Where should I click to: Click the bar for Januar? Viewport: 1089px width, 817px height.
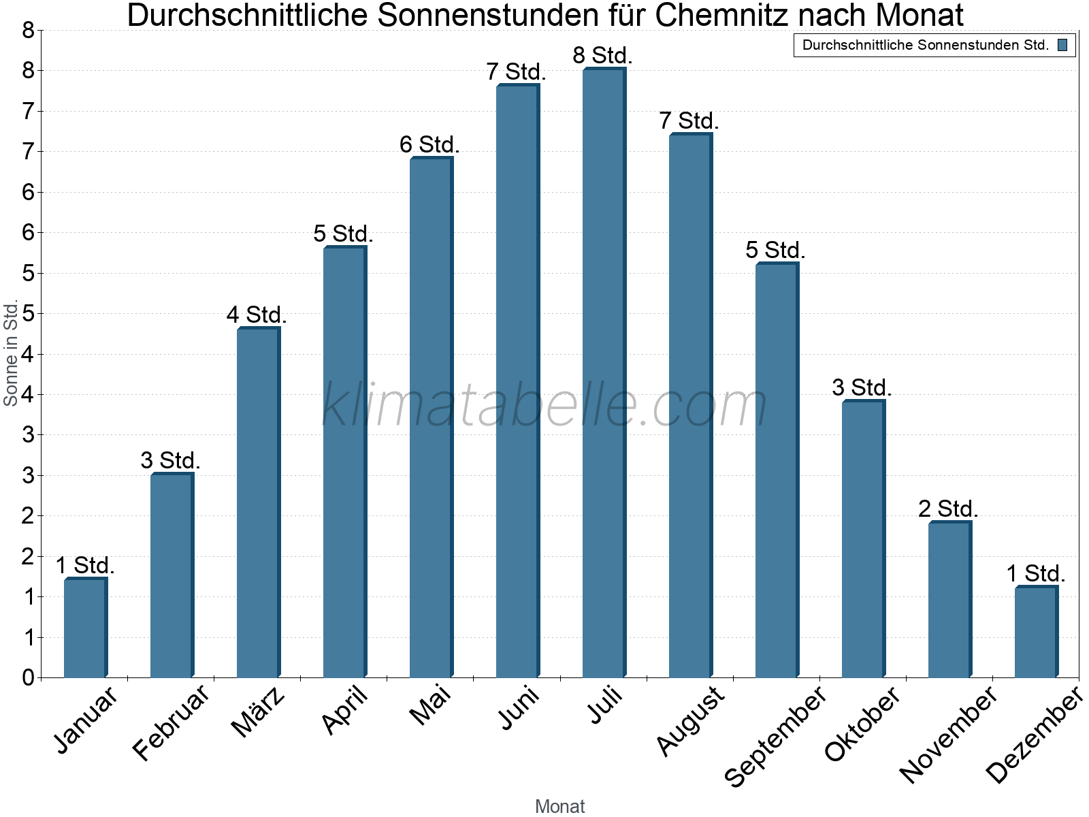click(84, 628)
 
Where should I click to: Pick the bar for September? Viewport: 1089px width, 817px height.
click(776, 470)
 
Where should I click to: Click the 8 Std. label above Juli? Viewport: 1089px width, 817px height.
click(603, 55)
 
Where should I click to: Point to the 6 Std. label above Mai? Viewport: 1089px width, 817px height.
click(429, 144)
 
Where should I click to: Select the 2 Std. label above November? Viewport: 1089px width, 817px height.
click(948, 509)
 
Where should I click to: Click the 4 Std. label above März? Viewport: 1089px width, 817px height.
click(257, 315)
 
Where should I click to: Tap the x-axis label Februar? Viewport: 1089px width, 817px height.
click(172, 723)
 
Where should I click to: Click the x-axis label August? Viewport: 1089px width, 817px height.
click(691, 720)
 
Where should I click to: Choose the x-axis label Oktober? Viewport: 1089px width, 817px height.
click(862, 724)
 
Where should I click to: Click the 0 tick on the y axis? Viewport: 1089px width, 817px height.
click(28, 677)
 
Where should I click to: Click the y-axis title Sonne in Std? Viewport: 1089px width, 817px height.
click(11, 353)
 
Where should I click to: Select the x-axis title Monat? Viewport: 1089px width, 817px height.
click(559, 806)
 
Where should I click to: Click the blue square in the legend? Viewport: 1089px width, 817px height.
click(1062, 45)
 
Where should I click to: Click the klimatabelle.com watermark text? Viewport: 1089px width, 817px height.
click(544, 405)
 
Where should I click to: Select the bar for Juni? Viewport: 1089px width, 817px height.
click(517, 381)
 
